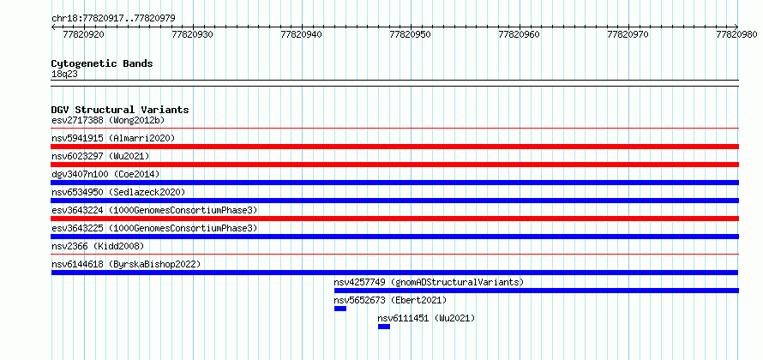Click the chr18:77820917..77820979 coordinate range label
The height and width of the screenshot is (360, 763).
coord(113,18)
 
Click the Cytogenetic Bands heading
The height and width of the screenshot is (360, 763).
coord(102,63)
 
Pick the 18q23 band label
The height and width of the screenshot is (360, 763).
coord(64,75)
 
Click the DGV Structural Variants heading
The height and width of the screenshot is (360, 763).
coord(120,110)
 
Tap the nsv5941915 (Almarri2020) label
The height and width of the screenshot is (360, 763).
coord(113,138)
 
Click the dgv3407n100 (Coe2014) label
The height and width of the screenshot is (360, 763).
coord(105,174)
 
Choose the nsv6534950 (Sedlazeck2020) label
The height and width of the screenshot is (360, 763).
coord(118,192)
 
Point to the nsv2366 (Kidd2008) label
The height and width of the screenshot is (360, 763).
coord(98,246)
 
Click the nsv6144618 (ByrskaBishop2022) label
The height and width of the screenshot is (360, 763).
coord(126,264)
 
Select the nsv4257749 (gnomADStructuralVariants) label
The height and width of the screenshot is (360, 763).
coord(429,282)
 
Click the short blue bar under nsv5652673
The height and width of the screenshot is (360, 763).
coord(340,309)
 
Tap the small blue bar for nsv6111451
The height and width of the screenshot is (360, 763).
coord(384,327)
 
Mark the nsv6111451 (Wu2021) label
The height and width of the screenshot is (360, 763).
coord(426,318)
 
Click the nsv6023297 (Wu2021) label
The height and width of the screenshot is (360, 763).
coord(100,156)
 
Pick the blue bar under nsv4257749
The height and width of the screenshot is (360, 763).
coord(537,291)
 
